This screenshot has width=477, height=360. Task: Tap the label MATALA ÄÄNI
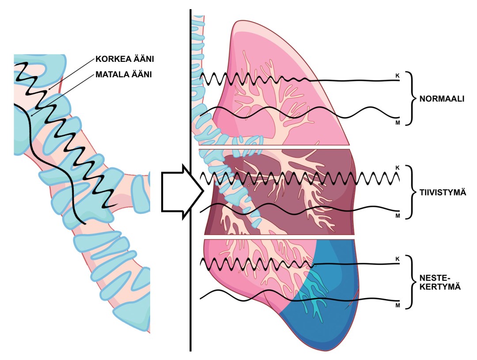(x=124, y=75)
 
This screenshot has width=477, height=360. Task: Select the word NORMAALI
(x=442, y=99)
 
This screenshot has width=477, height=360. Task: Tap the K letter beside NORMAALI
(x=397, y=76)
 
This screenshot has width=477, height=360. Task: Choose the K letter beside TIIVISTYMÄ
(x=397, y=168)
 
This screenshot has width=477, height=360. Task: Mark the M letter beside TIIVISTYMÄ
(x=397, y=216)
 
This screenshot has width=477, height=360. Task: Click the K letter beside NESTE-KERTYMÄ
(x=397, y=258)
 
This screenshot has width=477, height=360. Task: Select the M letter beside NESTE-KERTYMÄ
(x=397, y=305)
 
